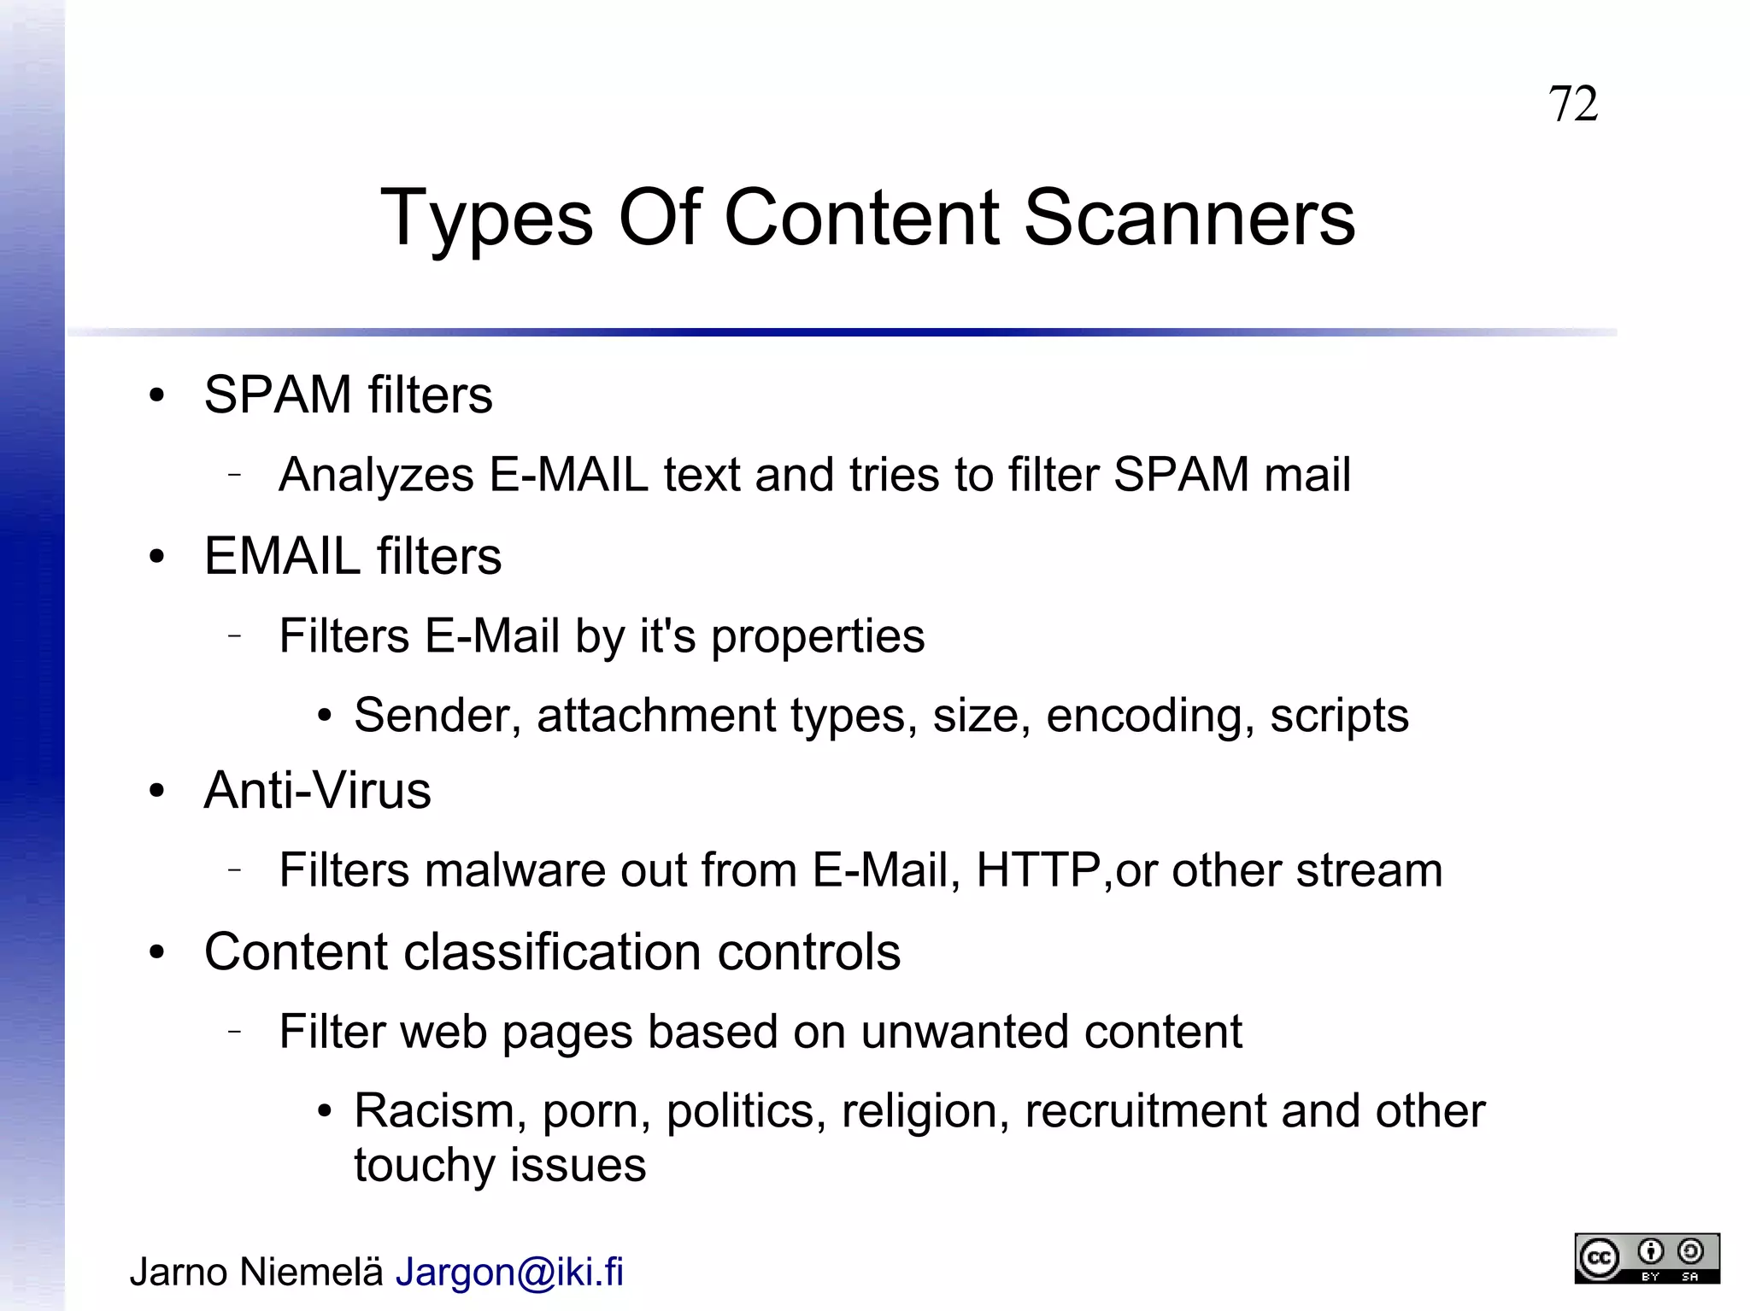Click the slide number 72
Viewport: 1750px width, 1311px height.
coord(1572,104)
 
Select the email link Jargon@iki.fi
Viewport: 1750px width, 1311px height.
coord(509,1272)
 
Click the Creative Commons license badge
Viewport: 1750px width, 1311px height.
coord(1647,1258)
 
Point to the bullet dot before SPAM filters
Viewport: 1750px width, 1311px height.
coord(156,395)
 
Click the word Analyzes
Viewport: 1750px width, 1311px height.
coord(376,475)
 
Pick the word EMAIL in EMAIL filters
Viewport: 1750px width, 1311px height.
coord(282,556)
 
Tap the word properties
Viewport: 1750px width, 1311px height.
coord(818,637)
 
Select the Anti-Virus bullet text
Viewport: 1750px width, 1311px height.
coord(317,790)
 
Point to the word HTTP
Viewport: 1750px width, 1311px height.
coord(1038,870)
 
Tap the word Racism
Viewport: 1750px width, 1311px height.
coord(434,1111)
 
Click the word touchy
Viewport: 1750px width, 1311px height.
coord(425,1166)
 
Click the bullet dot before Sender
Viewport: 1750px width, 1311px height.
coord(324,716)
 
